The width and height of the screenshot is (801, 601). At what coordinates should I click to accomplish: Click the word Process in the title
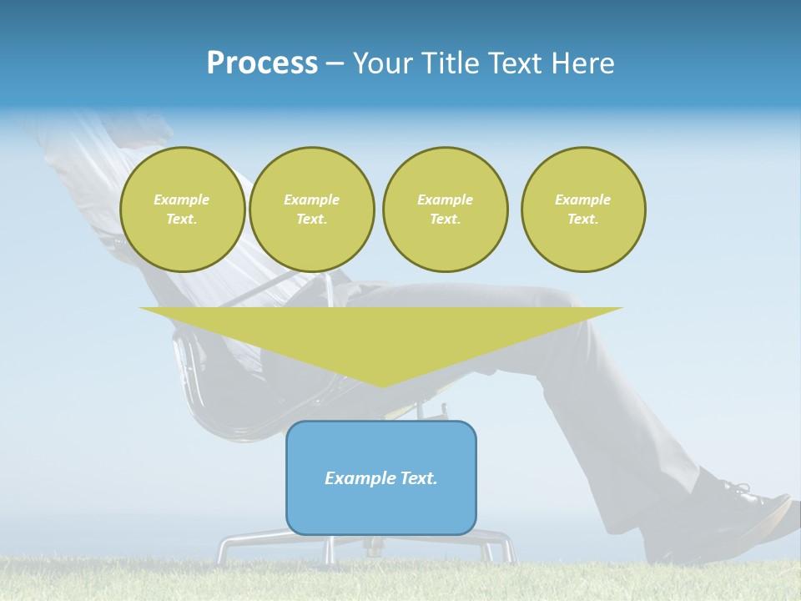(262, 63)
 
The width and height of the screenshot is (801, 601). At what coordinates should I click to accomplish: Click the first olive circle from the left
(183, 210)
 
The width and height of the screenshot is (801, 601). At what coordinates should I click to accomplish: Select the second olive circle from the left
(312, 210)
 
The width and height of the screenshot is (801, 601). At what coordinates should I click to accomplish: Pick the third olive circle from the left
(446, 210)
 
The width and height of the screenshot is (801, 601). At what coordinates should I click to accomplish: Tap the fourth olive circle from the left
(583, 210)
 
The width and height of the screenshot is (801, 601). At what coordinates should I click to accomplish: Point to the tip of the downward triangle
(381, 386)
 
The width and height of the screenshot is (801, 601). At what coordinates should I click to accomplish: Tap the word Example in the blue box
(354, 478)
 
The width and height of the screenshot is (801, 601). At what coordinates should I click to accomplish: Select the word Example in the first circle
(182, 199)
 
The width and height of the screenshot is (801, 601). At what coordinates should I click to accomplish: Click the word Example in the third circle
(445, 199)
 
